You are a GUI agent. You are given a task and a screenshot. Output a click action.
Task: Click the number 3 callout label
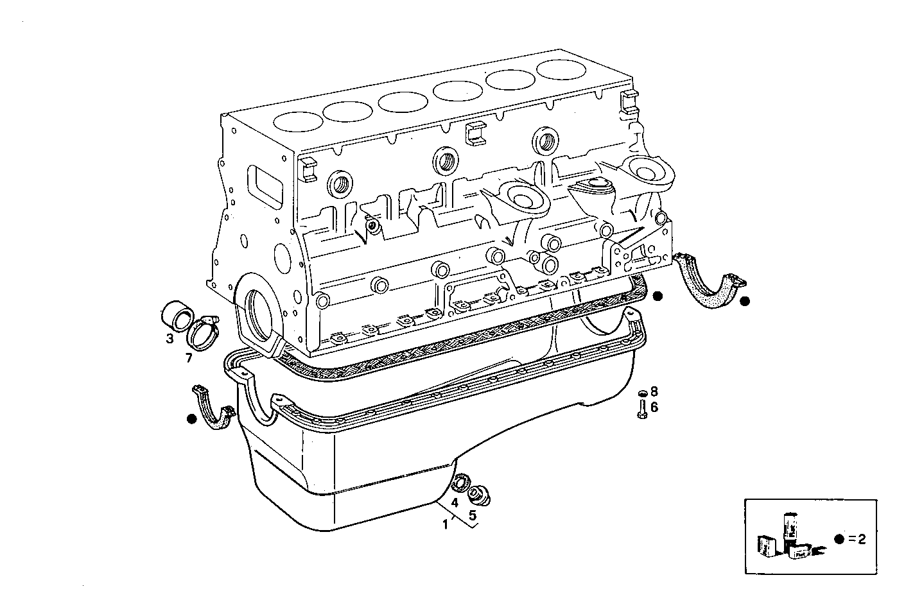[170, 338]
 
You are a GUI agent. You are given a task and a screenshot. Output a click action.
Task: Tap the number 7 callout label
[189, 358]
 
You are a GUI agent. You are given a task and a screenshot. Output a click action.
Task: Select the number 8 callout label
[654, 391]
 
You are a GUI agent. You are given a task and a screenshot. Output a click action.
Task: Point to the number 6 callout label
[654, 407]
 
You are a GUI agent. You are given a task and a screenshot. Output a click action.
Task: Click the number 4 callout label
[454, 502]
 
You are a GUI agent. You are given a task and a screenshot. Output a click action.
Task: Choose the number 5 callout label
[472, 515]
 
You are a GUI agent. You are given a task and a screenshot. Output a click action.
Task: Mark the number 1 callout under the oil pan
[445, 524]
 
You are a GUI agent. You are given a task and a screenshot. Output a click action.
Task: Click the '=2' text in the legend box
[857, 539]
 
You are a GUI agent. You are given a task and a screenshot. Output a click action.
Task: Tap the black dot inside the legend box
[839, 539]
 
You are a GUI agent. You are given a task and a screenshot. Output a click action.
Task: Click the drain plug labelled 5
[477, 495]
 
